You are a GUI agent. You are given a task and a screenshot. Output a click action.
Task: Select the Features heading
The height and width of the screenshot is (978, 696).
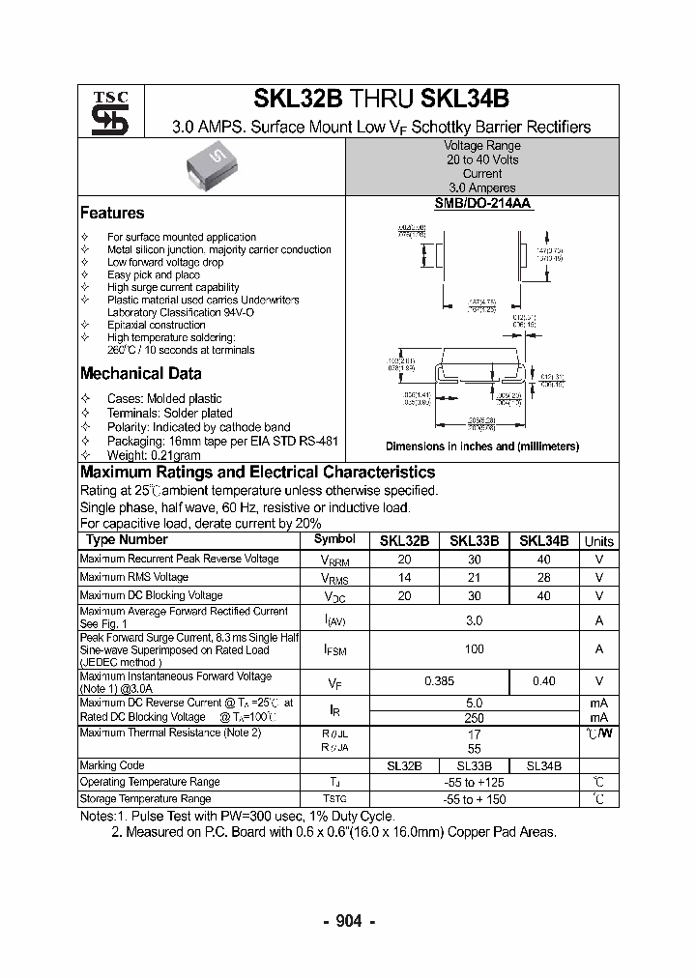pyautogui.click(x=112, y=213)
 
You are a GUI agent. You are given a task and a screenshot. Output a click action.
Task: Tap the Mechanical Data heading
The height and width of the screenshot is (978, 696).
pyautogui.click(x=140, y=374)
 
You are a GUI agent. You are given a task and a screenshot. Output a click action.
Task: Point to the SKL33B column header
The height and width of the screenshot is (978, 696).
pyautogui.click(x=474, y=541)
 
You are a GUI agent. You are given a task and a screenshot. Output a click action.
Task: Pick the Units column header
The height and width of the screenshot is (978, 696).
pyautogui.click(x=598, y=541)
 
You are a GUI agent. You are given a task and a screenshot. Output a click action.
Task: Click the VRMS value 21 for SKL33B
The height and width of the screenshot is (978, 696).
pyautogui.click(x=474, y=578)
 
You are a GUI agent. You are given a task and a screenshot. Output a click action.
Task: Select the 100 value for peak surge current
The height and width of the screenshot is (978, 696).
pyautogui.click(x=474, y=649)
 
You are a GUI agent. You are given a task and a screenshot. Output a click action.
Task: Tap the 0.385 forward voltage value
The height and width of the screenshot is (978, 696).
pyautogui.click(x=440, y=681)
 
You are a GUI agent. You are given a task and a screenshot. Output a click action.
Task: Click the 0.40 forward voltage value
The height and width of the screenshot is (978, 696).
pyautogui.click(x=543, y=681)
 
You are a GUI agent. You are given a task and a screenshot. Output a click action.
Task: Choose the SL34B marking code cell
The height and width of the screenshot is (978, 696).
pyautogui.click(x=543, y=765)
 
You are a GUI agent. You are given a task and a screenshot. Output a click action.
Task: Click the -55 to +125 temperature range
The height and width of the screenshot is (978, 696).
pyautogui.click(x=474, y=782)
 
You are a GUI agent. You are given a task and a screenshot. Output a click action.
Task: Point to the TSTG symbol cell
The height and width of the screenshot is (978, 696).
pyautogui.click(x=333, y=799)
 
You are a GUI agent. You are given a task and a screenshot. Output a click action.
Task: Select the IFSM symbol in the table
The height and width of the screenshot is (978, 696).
pyautogui.click(x=334, y=650)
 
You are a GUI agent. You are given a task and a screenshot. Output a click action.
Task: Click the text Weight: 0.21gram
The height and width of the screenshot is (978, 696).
pyautogui.click(x=154, y=454)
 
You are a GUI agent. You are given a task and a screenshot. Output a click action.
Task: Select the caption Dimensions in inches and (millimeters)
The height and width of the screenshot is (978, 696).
pyautogui.click(x=481, y=446)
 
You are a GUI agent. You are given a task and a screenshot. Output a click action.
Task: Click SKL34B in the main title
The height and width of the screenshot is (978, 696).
pyautogui.click(x=465, y=100)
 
